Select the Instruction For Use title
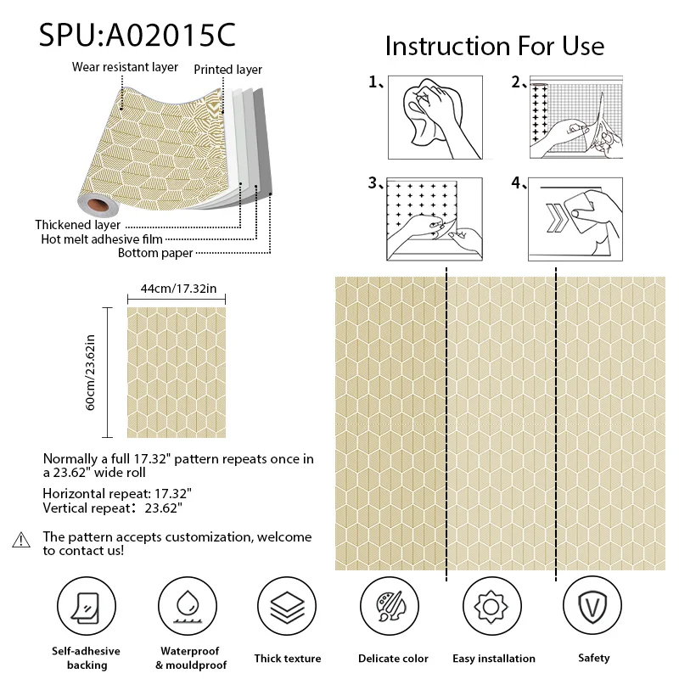point(494,45)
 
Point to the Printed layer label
point(228,70)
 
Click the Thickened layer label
point(77,225)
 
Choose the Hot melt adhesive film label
point(102,239)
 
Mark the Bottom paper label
point(155,253)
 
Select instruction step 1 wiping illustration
point(435,117)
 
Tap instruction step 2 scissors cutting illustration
point(576,117)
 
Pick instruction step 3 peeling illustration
point(435,218)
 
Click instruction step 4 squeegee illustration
point(576,218)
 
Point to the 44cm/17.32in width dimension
point(178,289)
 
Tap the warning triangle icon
point(21,541)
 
